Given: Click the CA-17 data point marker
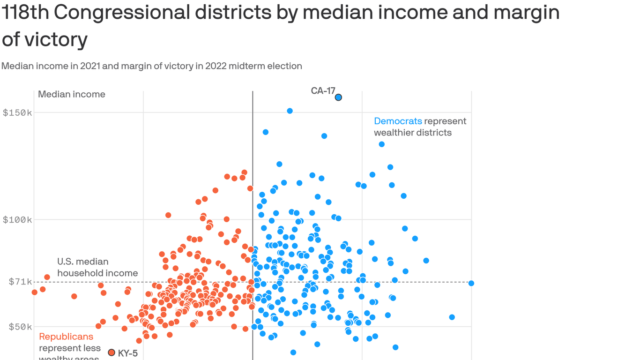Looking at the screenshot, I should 338,97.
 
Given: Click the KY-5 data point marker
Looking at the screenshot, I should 112,352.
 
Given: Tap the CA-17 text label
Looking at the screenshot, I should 323,91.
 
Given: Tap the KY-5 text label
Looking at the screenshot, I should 128,353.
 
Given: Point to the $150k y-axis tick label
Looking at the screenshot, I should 17,113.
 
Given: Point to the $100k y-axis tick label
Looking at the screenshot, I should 17,220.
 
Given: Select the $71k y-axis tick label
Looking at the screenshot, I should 20,282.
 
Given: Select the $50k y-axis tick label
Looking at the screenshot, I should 20,327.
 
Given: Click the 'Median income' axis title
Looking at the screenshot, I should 72,94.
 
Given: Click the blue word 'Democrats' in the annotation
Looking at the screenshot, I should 398,121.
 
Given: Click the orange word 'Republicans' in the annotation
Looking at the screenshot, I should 66,337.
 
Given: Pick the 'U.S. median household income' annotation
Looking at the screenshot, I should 97,267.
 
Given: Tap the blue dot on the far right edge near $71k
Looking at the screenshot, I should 471,283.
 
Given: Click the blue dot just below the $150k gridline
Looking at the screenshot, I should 290,111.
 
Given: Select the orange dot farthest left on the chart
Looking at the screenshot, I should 34,292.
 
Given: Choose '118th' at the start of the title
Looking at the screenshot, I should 24,13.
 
